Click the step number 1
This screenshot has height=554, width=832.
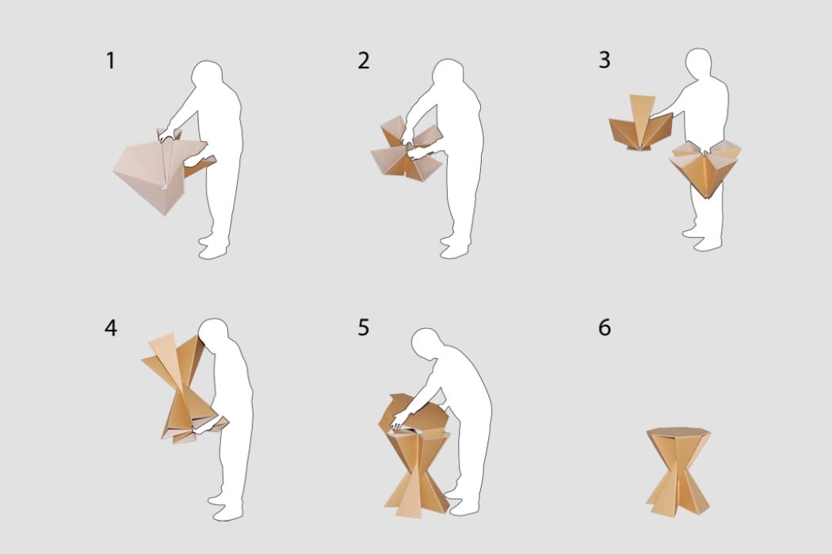(110, 60)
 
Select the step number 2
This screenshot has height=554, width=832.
(364, 60)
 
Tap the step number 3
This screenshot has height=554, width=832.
(605, 60)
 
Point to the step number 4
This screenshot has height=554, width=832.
(110, 328)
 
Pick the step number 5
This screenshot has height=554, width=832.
(364, 327)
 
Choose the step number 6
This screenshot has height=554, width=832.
(605, 327)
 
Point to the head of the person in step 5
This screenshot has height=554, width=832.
(426, 343)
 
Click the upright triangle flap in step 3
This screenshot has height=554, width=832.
(642, 113)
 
